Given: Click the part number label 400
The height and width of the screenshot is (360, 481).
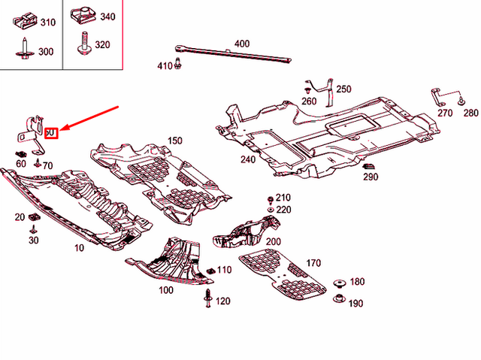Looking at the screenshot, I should [241, 44].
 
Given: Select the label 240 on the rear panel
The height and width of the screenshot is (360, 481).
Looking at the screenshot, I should [247, 159].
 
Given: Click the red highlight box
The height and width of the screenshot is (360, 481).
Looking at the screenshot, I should [50, 133].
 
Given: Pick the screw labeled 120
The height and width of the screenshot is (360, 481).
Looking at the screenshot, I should [207, 301].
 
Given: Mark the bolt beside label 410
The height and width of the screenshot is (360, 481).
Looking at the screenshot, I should [179, 65].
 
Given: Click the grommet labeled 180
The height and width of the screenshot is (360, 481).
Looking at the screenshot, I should [337, 283].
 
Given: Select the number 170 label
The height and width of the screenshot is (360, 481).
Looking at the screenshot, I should [313, 264].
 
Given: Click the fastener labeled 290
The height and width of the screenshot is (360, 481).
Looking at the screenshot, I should [371, 167].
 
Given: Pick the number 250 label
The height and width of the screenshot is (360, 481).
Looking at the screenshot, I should [343, 89].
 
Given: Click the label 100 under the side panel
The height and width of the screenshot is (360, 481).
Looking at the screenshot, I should [165, 289].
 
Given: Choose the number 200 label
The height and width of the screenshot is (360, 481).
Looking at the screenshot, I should [273, 241].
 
